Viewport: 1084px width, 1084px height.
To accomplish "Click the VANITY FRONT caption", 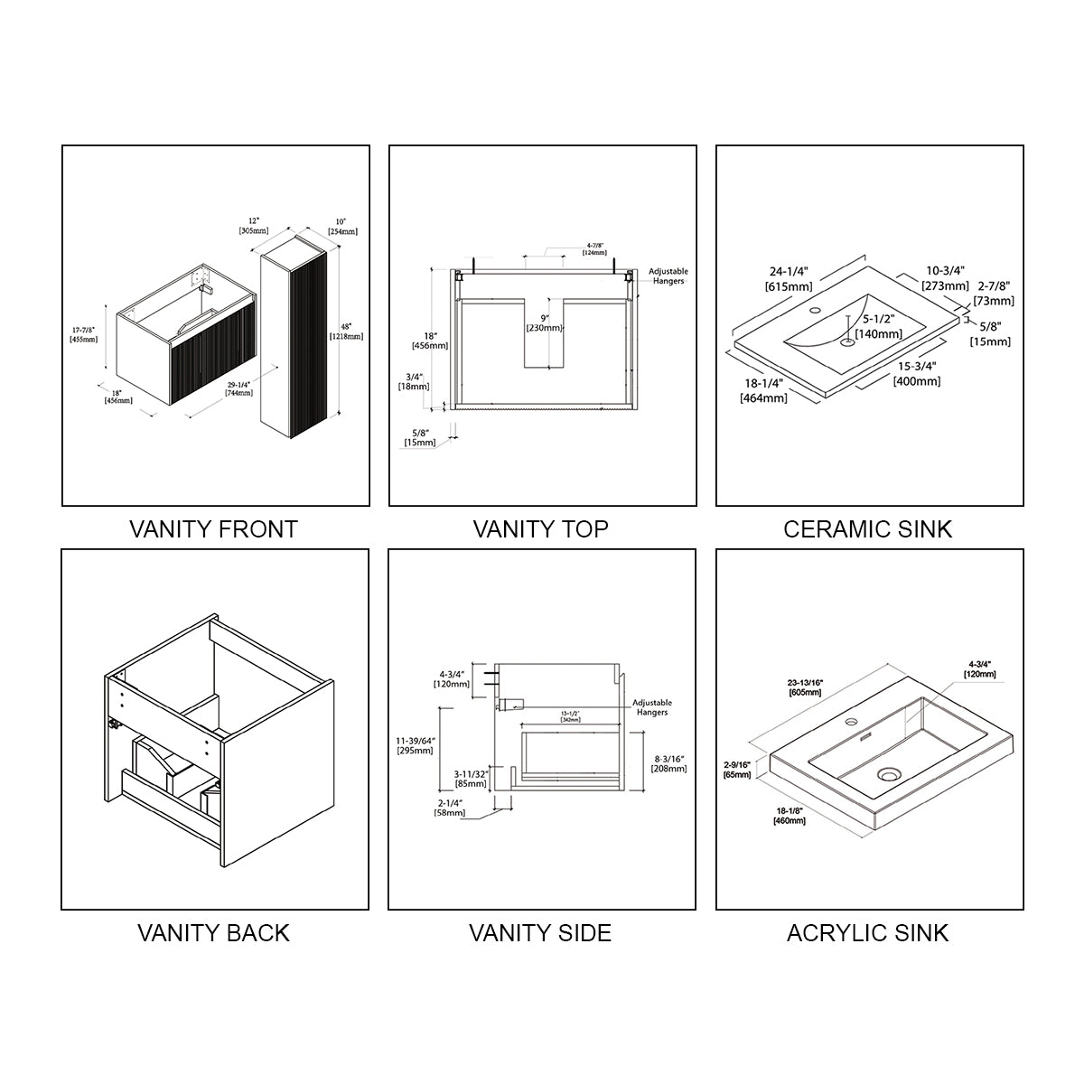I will click(214, 528).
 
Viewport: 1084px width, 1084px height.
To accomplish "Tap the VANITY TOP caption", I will click(541, 528).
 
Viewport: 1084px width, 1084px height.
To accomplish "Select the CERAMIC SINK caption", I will click(868, 528).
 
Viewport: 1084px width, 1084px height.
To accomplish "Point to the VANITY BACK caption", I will click(214, 932).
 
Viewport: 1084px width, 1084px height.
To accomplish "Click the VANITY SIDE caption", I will click(540, 932).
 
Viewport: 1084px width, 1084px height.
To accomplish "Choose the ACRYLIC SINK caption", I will click(868, 932).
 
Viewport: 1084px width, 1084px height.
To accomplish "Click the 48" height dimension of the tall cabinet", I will click(347, 331).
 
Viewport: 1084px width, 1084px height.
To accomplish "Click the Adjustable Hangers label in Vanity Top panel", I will click(668, 276).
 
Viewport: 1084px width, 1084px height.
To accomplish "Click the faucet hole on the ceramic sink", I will click(817, 311).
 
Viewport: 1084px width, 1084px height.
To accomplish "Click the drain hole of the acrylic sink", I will click(890, 774).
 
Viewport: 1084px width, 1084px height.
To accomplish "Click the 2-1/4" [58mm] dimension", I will click(451, 808).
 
